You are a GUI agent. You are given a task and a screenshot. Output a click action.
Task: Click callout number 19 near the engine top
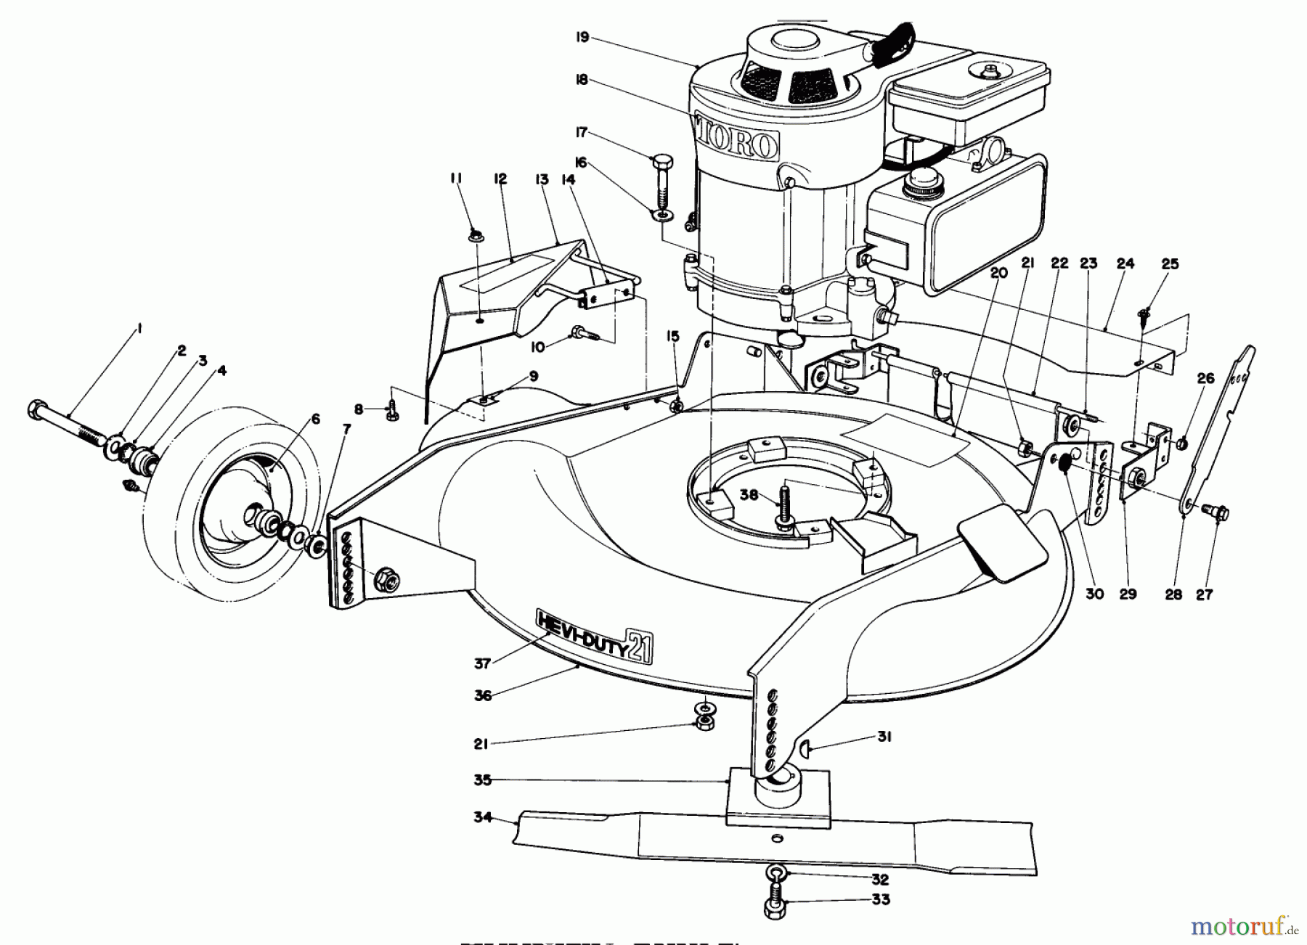pyautogui.click(x=581, y=37)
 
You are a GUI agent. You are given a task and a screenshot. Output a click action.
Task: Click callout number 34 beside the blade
pyautogui.click(x=483, y=818)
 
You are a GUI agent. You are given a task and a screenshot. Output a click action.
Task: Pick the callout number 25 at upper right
pyautogui.click(x=1170, y=263)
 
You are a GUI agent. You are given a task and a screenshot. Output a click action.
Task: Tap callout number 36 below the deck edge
pyautogui.click(x=483, y=695)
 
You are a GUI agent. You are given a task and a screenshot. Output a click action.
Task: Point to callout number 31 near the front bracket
pyautogui.click(x=884, y=737)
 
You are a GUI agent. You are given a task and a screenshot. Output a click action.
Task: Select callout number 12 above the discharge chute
pyautogui.click(x=500, y=179)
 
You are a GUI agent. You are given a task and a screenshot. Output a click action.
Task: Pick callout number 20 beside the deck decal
pyautogui.click(x=999, y=273)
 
